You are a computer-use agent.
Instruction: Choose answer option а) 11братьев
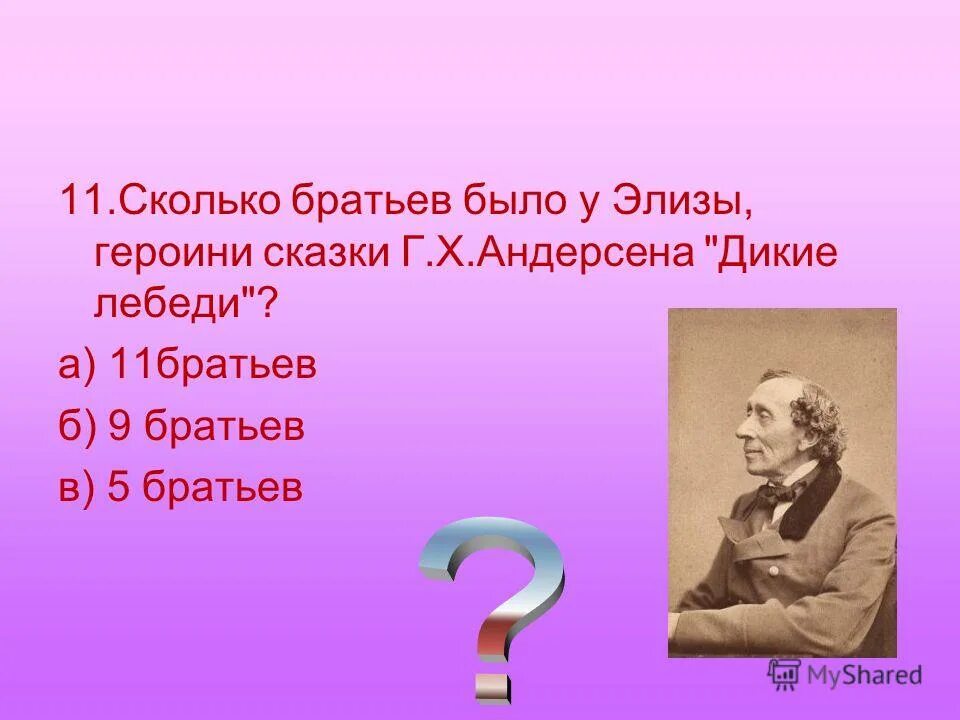coord(187,365)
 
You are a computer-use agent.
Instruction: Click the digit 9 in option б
coord(121,426)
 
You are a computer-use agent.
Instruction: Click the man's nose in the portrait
coord(742,427)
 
